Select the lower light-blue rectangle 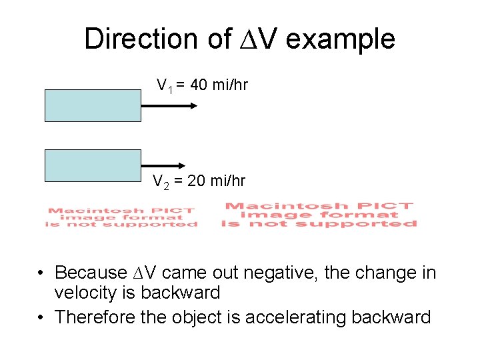(x=93, y=165)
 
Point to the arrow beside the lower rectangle (x=163, y=165)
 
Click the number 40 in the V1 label (x=199, y=85)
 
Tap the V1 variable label (x=164, y=86)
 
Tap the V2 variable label (x=161, y=181)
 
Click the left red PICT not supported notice (x=121, y=217)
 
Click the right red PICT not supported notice (x=319, y=215)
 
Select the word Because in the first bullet (x=91, y=273)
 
